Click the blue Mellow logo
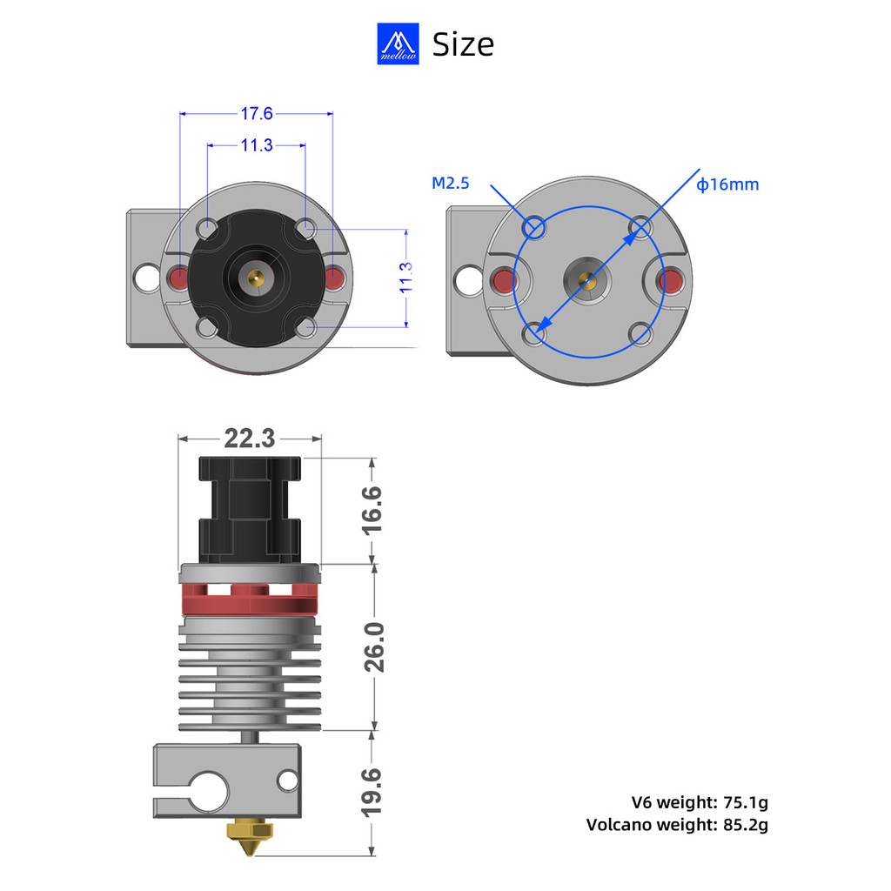pyautogui.click(x=398, y=44)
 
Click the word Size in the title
pyautogui.click(x=463, y=44)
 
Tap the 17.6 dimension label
pyautogui.click(x=257, y=114)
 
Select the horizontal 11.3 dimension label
pyautogui.click(x=257, y=145)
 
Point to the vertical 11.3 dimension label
pyautogui.click(x=405, y=278)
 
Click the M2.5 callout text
pyautogui.click(x=451, y=183)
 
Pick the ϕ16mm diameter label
pyautogui.click(x=727, y=184)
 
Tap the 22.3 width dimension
pyautogui.click(x=250, y=439)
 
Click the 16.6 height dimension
pyautogui.click(x=372, y=510)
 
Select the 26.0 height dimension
pyautogui.click(x=374, y=647)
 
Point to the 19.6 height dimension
pyautogui.click(x=372, y=792)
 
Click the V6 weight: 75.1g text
pyautogui.click(x=700, y=802)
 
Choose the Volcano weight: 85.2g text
pyautogui.click(x=677, y=825)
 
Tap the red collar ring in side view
pyautogui.click(x=250, y=600)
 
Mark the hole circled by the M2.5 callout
pyautogui.click(x=534, y=228)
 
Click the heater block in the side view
pyautogui.click(x=227, y=780)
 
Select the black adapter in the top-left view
pyautogui.click(x=257, y=278)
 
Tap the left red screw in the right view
pyautogui.click(x=504, y=281)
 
